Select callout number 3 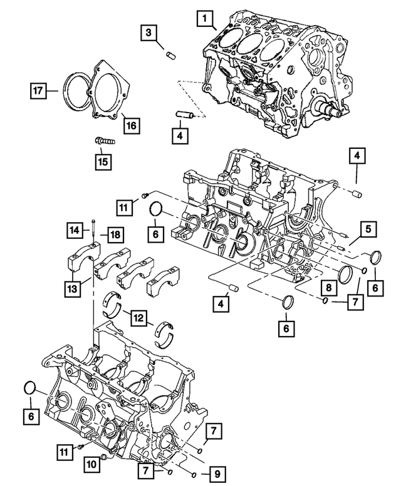[x=148, y=33]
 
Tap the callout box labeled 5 [x=368, y=229]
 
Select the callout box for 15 [x=102, y=162]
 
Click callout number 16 [x=131, y=125]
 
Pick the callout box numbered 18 [x=115, y=235]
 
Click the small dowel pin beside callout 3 [x=169, y=54]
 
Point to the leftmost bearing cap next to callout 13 [x=80, y=261]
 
